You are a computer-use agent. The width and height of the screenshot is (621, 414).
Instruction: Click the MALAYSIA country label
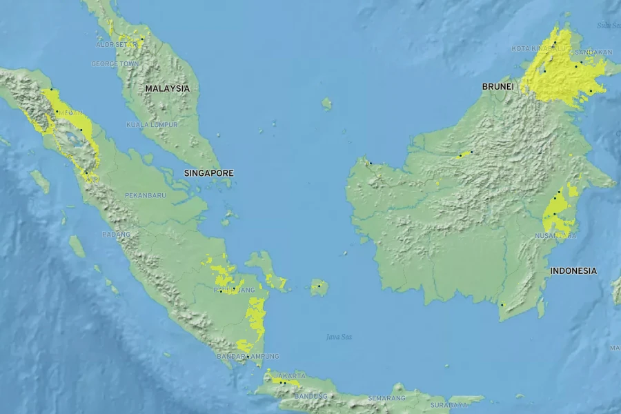[167, 88]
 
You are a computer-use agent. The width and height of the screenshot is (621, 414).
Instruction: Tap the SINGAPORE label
[208, 172]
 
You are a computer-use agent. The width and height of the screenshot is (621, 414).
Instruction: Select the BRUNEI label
[497, 86]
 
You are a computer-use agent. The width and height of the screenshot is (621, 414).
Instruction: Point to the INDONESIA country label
[573, 270]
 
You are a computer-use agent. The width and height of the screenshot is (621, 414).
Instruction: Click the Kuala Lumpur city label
[152, 125]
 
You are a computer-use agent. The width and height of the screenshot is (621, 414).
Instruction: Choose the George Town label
[115, 63]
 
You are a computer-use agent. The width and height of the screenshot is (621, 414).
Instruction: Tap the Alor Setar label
[114, 44]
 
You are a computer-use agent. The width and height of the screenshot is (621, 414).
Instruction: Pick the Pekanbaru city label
[146, 195]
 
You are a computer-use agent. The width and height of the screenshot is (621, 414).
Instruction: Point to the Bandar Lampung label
[248, 356]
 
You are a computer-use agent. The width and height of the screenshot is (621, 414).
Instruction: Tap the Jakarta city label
[290, 376]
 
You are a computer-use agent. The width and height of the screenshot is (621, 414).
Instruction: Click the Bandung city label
[310, 396]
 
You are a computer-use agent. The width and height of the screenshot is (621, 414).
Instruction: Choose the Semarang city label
[386, 398]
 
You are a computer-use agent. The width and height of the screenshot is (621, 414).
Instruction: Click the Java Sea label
[339, 337]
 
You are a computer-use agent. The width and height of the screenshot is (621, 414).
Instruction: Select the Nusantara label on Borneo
[555, 235]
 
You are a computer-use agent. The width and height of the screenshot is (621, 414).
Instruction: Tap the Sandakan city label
[593, 52]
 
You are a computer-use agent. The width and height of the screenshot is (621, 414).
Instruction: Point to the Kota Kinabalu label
[538, 48]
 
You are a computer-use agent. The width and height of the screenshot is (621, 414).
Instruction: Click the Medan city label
[70, 112]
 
